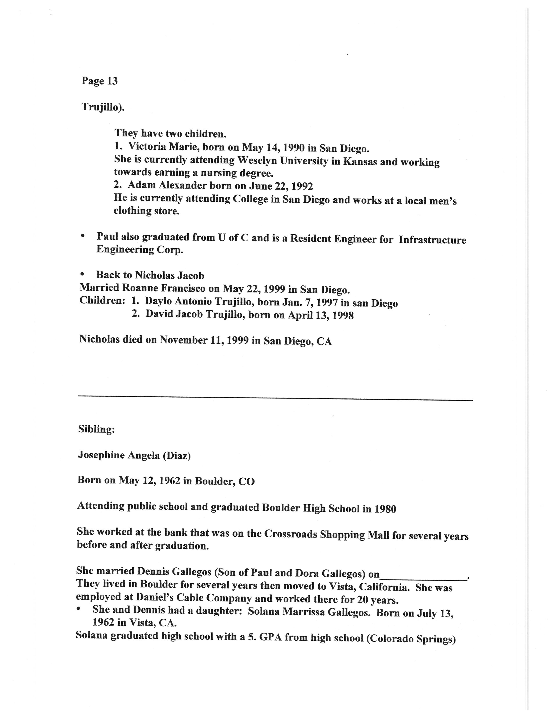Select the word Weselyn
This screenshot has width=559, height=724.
coord(258,160)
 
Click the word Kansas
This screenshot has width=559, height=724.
coord(360,161)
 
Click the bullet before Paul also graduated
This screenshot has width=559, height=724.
coord(83,236)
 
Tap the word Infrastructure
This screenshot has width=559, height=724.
coord(432,240)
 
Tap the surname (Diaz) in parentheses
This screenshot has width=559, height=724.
coord(176,456)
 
